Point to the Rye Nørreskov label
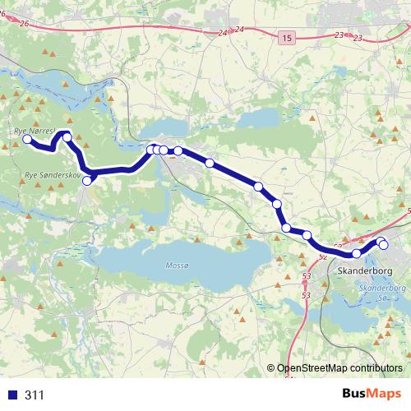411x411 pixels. [34, 131]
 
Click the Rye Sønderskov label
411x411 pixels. [51, 175]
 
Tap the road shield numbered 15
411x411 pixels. [285, 38]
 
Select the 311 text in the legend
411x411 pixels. [35, 395]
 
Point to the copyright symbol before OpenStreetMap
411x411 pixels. [271, 367]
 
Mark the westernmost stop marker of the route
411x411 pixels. [26, 140]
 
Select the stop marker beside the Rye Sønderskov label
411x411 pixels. [87, 180]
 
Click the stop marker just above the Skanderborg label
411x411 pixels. [357, 253]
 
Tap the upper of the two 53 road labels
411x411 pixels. [307, 275]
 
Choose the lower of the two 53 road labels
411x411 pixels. [307, 294]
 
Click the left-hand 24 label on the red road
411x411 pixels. [223, 33]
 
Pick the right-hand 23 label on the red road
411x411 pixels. [358, 39]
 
